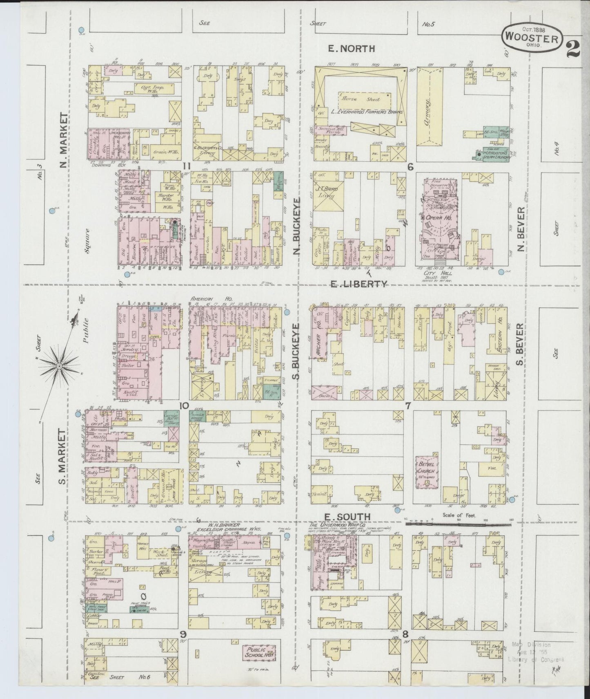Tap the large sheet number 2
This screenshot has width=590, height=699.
tap(574, 49)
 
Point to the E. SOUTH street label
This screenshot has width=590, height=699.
tap(345, 517)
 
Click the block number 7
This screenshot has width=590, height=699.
tap(407, 406)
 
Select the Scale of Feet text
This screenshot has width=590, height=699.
tap(459, 515)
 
